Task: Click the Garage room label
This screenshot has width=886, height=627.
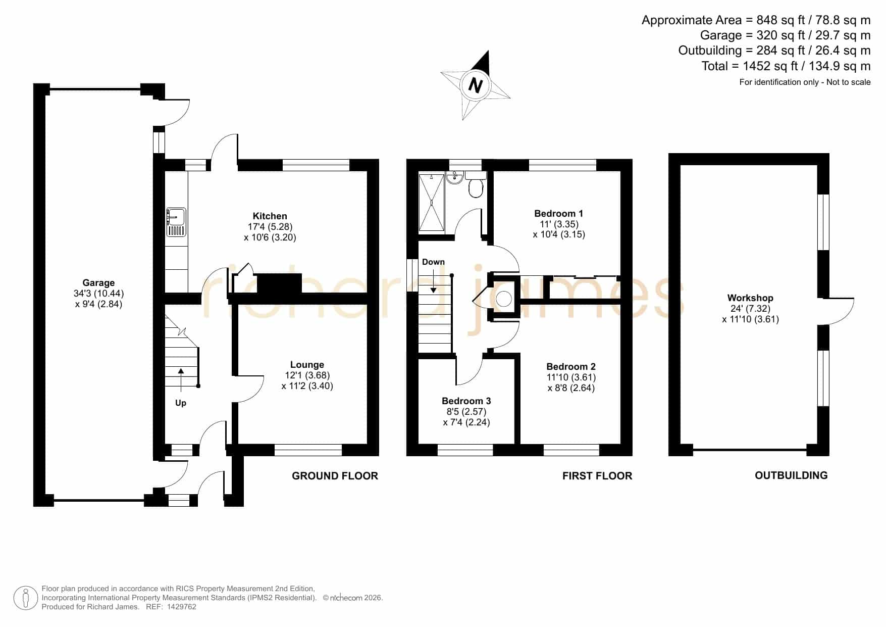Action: (98, 283)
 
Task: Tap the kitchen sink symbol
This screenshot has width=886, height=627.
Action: (176, 222)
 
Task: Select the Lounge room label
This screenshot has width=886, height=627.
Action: (307, 365)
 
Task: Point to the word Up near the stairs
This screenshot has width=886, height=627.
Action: (181, 403)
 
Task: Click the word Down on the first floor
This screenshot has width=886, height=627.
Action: (433, 262)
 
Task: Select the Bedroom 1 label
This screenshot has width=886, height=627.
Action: (558, 214)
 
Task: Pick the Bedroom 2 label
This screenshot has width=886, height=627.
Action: (571, 367)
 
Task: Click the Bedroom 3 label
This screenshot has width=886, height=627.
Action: (466, 401)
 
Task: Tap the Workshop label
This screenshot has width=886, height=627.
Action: (750, 298)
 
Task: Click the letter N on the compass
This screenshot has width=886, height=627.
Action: (475, 85)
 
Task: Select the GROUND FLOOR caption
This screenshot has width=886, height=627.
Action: (335, 476)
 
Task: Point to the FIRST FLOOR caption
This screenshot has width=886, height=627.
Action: (597, 476)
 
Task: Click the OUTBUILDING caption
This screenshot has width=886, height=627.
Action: (791, 475)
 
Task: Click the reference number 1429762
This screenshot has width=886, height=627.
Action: (181, 607)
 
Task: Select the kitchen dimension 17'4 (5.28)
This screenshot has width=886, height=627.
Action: (270, 227)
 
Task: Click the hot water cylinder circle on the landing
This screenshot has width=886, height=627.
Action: (504, 299)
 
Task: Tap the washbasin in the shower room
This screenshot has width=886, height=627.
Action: (455, 177)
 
